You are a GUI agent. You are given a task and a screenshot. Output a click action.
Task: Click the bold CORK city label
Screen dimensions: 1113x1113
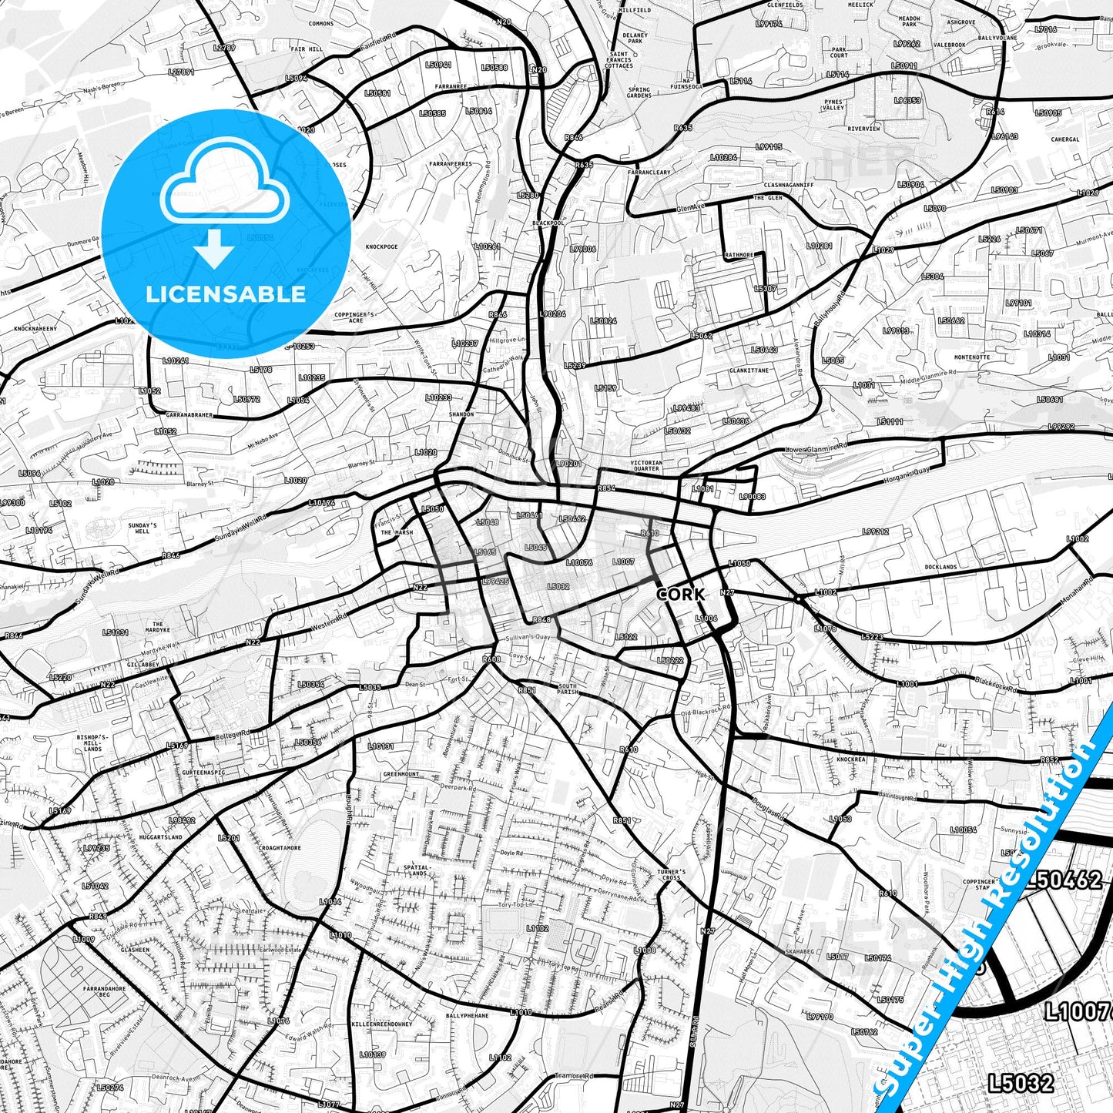pyautogui.click(x=680, y=594)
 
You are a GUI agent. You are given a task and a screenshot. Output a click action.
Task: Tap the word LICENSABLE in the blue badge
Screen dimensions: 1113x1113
pyautogui.click(x=226, y=294)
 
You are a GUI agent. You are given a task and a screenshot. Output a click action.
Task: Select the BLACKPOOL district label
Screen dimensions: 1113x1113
pyautogui.click(x=548, y=223)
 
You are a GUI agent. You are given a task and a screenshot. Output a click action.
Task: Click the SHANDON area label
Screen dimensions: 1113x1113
pyautogui.click(x=461, y=414)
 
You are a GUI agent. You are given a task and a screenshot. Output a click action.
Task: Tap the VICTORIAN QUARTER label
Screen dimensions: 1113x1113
pyautogui.click(x=646, y=466)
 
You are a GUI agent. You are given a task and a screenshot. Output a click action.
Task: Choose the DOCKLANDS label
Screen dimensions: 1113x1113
pyautogui.click(x=940, y=567)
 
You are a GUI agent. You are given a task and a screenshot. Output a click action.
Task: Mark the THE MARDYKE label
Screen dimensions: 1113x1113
pyautogui.click(x=158, y=628)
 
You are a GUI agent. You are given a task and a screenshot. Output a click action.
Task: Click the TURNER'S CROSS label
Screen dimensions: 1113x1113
pyautogui.click(x=671, y=875)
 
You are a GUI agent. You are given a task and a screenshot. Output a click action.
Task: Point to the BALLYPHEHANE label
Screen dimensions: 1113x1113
pyautogui.click(x=467, y=1016)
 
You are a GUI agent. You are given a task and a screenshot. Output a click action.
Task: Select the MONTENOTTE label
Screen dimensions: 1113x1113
pyautogui.click(x=972, y=357)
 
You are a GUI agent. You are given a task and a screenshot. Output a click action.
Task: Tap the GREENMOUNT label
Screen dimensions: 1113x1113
pyautogui.click(x=401, y=774)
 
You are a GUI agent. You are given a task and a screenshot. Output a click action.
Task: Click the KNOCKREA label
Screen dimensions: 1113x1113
pyautogui.click(x=851, y=759)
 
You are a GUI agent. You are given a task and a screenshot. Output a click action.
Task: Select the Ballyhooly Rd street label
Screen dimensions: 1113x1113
pyautogui.click(x=830, y=307)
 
